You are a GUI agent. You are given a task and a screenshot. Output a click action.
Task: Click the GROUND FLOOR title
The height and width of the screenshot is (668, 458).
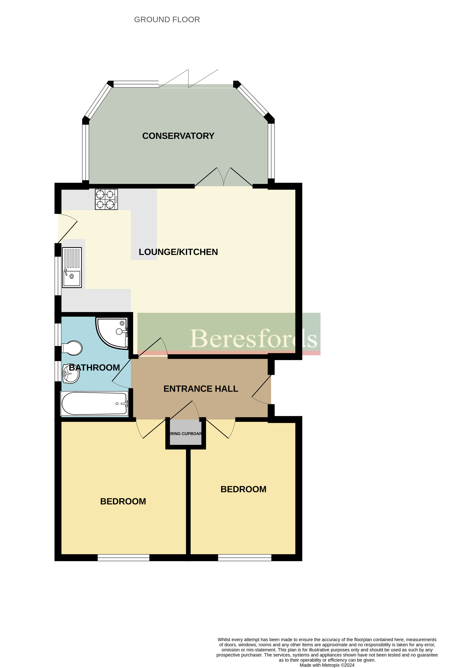tap(167, 20)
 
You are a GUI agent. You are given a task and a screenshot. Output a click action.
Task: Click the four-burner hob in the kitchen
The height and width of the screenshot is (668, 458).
tap(106, 199)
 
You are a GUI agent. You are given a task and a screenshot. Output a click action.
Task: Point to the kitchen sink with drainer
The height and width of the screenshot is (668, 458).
tap(72, 267)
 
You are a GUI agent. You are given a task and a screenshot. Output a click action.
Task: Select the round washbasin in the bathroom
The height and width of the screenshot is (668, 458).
tap(71, 374)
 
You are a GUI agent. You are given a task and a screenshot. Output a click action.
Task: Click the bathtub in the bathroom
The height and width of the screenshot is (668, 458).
tap(94, 403)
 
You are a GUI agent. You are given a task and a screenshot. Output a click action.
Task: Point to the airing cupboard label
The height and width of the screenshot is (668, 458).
tap(186, 434)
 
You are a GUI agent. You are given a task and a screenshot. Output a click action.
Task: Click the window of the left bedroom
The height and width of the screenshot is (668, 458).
tap(124, 558)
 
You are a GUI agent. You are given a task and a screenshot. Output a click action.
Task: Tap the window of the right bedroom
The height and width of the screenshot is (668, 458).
tap(245, 558)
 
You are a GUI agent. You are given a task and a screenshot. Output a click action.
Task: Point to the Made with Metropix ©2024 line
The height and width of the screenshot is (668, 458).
tap(327, 665)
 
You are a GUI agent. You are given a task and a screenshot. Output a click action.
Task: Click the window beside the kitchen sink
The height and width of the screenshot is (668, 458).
tap(58, 276)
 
